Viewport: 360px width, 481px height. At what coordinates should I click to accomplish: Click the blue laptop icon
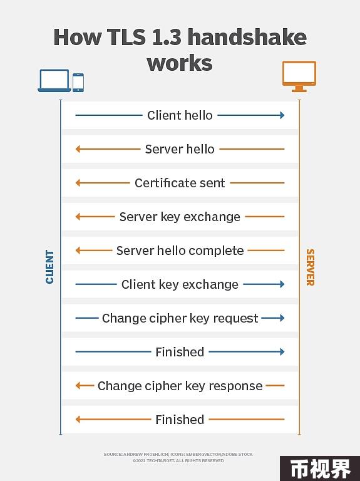point(54,81)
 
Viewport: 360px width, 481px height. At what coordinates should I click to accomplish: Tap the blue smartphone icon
point(78,83)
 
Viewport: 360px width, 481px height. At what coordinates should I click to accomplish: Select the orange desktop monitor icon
point(299,76)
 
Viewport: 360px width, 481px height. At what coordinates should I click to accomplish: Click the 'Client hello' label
point(180,115)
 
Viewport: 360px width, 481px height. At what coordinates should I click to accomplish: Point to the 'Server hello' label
point(180,149)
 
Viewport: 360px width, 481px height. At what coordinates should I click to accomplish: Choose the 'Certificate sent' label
point(180,183)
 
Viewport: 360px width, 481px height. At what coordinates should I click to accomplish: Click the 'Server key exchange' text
point(180,217)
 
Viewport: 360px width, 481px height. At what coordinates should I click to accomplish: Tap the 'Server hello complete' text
point(180,251)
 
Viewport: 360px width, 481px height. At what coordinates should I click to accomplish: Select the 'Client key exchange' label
point(180,284)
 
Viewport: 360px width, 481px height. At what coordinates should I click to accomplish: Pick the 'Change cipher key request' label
point(180,318)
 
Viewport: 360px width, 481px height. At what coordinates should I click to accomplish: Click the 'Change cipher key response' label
point(180,386)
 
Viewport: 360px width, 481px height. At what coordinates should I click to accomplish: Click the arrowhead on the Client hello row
point(282,115)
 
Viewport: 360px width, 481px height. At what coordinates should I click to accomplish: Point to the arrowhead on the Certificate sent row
point(78,183)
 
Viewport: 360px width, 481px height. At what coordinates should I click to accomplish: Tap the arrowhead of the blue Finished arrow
point(282,352)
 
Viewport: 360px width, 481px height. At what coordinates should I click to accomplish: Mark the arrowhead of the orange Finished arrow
point(78,420)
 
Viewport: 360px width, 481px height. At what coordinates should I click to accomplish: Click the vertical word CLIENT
point(49,267)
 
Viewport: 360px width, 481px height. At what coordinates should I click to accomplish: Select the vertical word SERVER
point(311,267)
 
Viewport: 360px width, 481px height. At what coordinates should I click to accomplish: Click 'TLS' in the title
point(126,37)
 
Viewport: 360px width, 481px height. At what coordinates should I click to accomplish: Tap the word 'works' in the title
point(180,63)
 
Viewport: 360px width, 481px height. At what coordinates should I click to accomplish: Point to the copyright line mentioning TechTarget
point(178,461)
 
